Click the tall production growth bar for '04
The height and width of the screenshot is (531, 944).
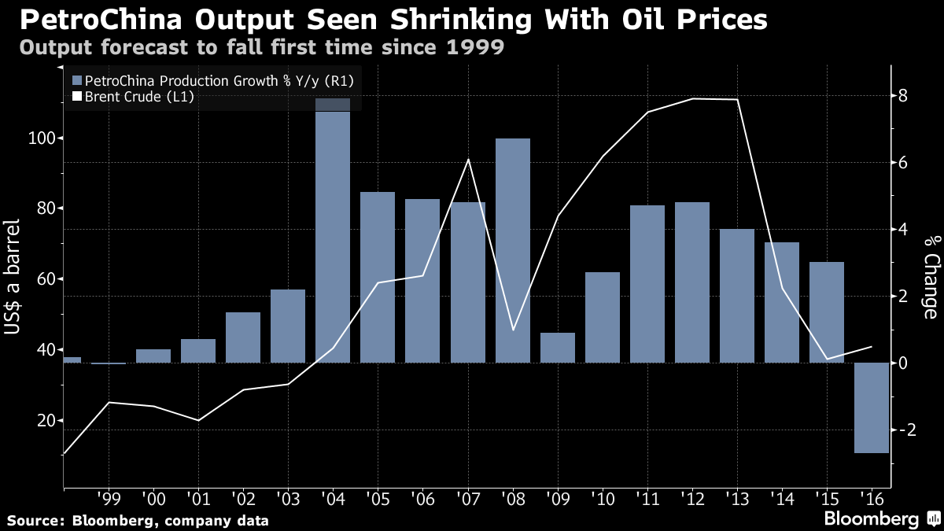click(333, 236)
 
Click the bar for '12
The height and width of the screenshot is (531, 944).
click(692, 282)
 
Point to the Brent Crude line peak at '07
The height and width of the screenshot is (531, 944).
click(468, 160)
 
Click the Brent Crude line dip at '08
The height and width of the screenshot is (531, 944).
click(513, 330)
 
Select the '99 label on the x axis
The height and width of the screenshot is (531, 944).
click(109, 500)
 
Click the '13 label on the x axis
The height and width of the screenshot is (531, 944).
click(736, 500)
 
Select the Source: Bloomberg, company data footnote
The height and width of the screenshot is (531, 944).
click(138, 520)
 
